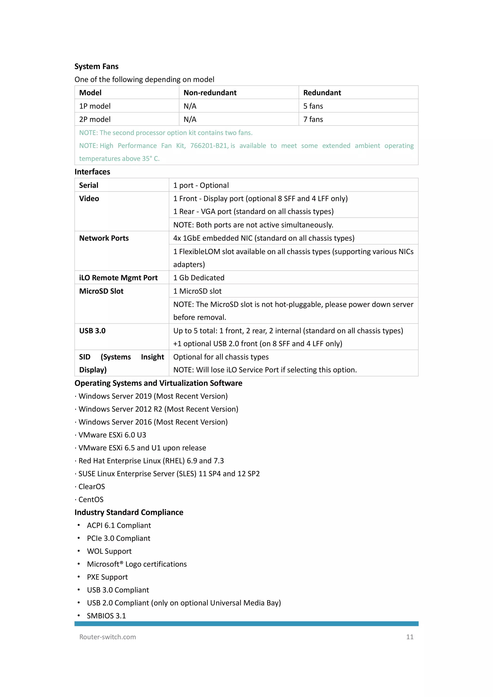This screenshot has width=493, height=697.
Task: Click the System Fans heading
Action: (x=96, y=66)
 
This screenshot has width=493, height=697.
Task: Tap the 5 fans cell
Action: (x=313, y=106)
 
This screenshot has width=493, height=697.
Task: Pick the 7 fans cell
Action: (x=313, y=119)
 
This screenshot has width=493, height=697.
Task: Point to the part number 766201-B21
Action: (x=209, y=146)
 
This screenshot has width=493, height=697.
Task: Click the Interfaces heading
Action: (x=92, y=172)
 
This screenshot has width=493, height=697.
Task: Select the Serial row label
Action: (x=89, y=185)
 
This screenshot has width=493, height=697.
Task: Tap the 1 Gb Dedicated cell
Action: (x=199, y=278)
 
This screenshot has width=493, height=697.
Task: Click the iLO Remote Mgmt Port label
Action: (x=118, y=278)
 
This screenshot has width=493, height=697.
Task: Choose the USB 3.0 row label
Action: (x=92, y=331)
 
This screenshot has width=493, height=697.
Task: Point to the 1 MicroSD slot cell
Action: (x=197, y=291)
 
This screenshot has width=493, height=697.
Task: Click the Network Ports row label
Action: (x=104, y=238)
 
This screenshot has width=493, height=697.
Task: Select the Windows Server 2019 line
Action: (x=153, y=396)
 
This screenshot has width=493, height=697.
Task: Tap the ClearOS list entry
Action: (x=91, y=487)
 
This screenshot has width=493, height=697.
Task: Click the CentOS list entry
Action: (x=91, y=499)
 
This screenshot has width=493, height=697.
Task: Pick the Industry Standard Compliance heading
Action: (x=129, y=512)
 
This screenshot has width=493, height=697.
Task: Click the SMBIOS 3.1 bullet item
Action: (x=106, y=616)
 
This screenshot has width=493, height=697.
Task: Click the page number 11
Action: (x=409, y=637)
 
